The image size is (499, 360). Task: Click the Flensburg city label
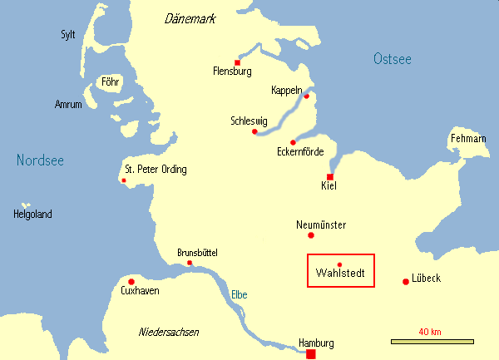(x=232, y=72)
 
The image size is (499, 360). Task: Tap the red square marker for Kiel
(x=330, y=177)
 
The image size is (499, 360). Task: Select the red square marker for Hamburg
(x=311, y=354)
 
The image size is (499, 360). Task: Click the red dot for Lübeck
(x=406, y=281)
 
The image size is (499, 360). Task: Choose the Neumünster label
(x=321, y=224)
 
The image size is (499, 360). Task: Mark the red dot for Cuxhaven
(x=131, y=281)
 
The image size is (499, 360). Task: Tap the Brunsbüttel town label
(x=200, y=253)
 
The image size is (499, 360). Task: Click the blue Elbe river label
(x=239, y=294)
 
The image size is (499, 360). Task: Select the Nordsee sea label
(x=41, y=160)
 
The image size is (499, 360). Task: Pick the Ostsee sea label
(x=393, y=58)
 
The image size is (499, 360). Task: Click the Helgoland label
(x=32, y=215)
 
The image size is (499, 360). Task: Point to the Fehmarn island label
(x=467, y=137)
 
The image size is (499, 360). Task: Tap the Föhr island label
(x=110, y=82)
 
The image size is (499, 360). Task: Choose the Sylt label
(x=68, y=34)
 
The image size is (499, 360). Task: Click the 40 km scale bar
(x=432, y=341)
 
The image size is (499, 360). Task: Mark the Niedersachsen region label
(x=169, y=333)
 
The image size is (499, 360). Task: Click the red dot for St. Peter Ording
(x=124, y=180)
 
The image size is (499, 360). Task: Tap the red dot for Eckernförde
(x=293, y=142)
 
